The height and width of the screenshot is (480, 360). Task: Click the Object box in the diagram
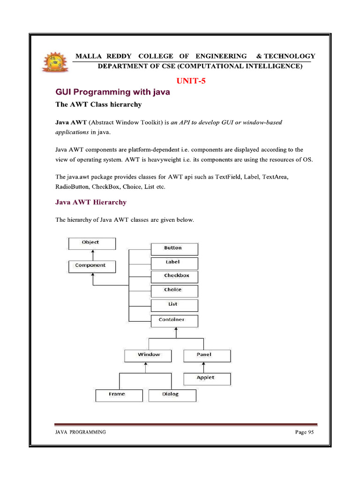pos(92,243)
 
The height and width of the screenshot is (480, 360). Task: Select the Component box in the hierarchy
pos(92,266)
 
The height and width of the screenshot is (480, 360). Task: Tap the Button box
pos(174,248)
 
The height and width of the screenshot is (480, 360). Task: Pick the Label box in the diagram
pos(174,262)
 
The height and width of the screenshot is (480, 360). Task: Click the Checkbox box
pos(174,276)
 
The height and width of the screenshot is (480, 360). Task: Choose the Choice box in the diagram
pos(174,290)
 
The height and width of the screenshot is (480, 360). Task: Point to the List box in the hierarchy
pos(174,305)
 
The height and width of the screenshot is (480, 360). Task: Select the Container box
pos(174,320)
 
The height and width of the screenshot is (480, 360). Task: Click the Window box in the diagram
pos(149,355)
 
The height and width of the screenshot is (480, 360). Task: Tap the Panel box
pos(207,355)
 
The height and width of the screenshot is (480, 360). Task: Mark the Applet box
pos(207,378)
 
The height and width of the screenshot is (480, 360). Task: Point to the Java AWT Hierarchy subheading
pos(91,202)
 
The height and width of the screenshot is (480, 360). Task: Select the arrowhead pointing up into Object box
pos(93,252)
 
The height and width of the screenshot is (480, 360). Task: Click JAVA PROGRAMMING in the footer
pos(81,432)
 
